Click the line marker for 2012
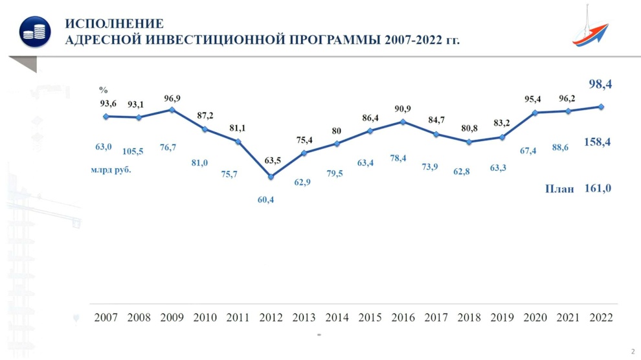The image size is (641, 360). coord(271,177)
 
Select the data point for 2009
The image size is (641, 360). coord(172,109)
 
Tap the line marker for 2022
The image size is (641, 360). coord(601,107)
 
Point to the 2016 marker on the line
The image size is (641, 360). coord(403,122)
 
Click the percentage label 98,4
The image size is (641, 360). coord(600,84)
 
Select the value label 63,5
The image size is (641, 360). coord(272,161)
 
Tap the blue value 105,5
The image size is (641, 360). coord(133,152)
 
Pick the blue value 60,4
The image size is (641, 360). coord(265,200)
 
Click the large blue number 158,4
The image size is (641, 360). coord(597,142)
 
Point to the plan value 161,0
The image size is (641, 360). coord(598,188)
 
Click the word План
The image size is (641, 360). coord(559,189)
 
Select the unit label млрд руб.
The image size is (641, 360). coord(111,170)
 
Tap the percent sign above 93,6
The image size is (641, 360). coord(104,90)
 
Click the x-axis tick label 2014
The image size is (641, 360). coord(337,317)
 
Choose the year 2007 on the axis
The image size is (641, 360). coord(106,317)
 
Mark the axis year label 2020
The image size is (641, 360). coord(535,317)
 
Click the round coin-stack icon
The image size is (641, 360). coord(35,32)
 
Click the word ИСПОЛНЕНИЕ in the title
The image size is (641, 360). coord(114,24)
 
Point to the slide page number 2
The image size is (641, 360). coord(633,352)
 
